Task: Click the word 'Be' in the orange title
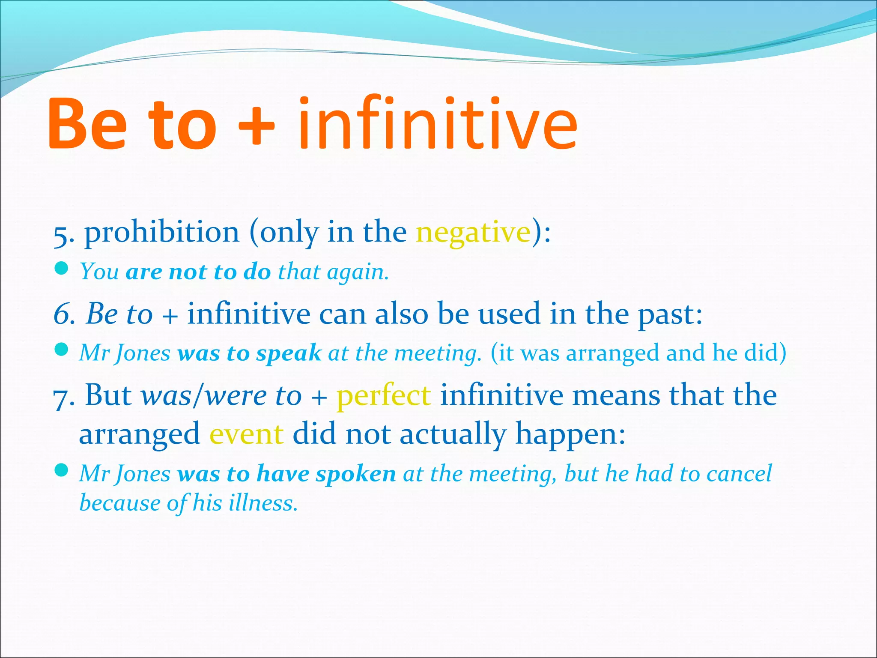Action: point(88,124)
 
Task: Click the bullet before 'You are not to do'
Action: point(62,269)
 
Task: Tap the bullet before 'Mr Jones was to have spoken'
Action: point(62,471)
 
